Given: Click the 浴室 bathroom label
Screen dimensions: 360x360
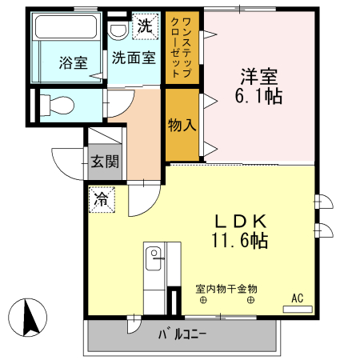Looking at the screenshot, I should click(x=73, y=63).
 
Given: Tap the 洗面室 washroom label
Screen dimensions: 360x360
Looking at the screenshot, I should click(x=133, y=58).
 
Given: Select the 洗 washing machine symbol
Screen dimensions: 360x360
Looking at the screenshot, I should click(x=144, y=26).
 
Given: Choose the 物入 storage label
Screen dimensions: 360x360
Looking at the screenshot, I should click(x=182, y=125).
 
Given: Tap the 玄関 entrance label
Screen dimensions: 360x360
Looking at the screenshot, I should click(x=104, y=161).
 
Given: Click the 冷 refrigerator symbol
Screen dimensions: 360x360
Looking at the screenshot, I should click(x=102, y=196).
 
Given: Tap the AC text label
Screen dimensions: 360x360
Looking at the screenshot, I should click(x=298, y=298).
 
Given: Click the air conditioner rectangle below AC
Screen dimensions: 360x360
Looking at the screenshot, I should click(x=298, y=306).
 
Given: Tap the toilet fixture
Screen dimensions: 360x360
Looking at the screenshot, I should click(x=56, y=102).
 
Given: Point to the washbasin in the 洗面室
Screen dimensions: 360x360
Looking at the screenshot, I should click(x=118, y=30).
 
